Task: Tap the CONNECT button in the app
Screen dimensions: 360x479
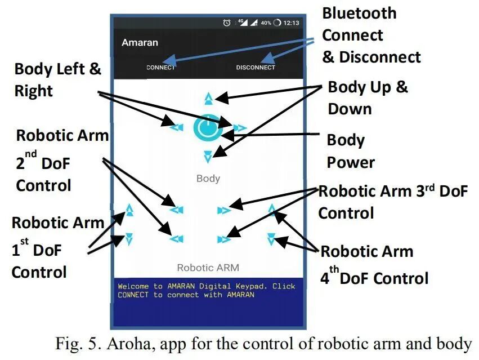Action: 160,68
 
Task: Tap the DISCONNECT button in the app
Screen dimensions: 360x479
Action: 256,68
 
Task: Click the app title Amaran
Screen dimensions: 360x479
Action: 140,42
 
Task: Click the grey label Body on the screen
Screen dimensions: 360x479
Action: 208,179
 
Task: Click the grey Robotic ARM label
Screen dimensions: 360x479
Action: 208,268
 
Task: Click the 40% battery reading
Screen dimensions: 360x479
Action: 266,23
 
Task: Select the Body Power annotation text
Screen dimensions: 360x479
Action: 351,151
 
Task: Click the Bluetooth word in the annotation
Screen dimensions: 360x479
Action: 359,13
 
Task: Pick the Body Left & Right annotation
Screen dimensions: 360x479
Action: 57,80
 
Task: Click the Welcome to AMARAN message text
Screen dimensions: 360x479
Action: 206,290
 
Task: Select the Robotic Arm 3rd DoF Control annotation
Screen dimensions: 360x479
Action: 393,202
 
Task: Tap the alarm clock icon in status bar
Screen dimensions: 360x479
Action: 226,23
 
